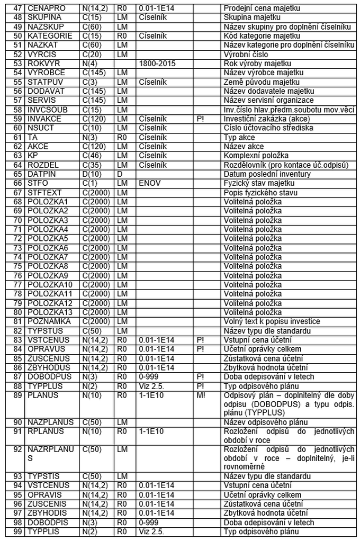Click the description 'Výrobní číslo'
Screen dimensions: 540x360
[246, 54]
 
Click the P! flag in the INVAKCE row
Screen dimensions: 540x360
[200, 119]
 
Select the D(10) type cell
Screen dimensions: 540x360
[93, 174]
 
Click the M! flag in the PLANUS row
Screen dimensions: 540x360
[201, 395]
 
